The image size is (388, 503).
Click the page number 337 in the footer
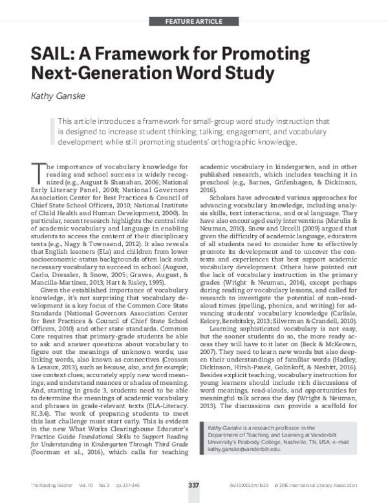pyautogui.click(x=193, y=484)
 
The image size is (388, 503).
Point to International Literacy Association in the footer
pyautogui.click(x=336, y=484)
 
